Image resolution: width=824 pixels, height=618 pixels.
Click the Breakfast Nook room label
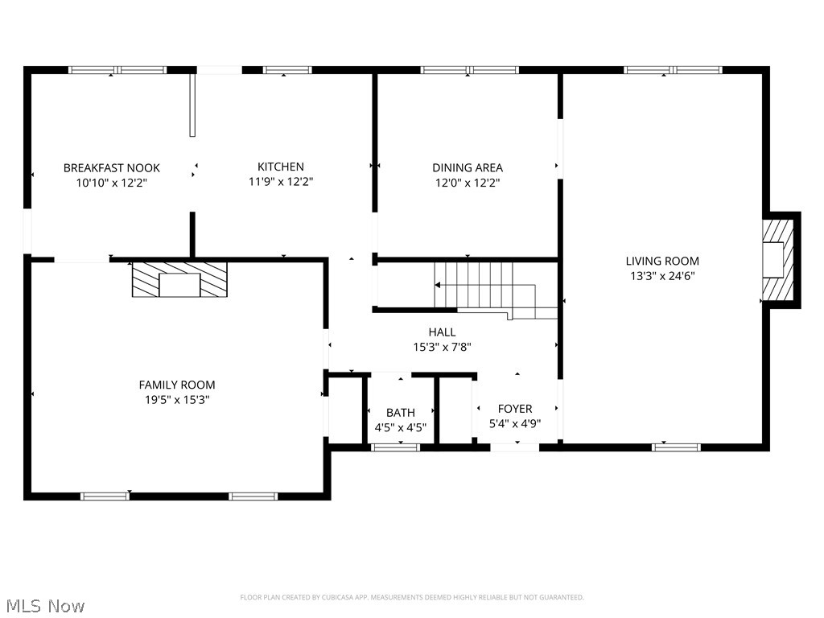(112, 168)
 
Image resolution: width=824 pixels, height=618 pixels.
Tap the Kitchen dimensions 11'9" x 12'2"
(280, 182)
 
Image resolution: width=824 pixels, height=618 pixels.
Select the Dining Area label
(468, 168)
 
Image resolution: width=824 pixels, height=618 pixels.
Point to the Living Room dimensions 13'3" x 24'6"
(662, 275)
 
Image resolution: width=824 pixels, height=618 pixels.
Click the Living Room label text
(662, 261)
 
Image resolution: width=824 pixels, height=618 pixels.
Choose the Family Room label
(177, 385)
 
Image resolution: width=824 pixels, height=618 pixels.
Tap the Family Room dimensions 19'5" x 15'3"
(177, 399)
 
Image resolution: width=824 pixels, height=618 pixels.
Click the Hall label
(442, 332)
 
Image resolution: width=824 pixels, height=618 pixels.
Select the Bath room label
(400, 413)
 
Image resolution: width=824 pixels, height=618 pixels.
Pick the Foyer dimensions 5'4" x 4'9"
(515, 423)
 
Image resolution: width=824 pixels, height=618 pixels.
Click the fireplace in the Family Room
(179, 280)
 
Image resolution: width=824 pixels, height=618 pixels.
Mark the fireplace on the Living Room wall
(777, 259)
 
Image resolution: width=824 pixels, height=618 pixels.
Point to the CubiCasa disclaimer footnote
(412, 597)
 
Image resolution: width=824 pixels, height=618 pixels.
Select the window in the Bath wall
(395, 447)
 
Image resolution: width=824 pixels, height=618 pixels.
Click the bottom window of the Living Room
(676, 447)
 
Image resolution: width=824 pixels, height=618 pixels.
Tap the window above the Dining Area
(470, 70)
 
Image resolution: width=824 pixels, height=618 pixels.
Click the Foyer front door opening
(515, 447)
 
